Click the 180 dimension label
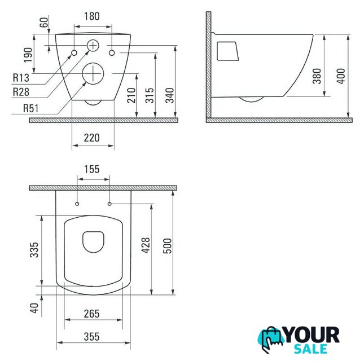(91, 16)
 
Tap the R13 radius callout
(21, 77)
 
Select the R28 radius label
(21, 92)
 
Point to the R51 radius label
(30, 108)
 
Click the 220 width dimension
(91, 138)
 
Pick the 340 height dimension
(170, 95)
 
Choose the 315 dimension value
(150, 95)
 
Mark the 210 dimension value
(131, 95)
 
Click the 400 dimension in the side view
(341, 76)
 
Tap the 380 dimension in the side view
(317, 76)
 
